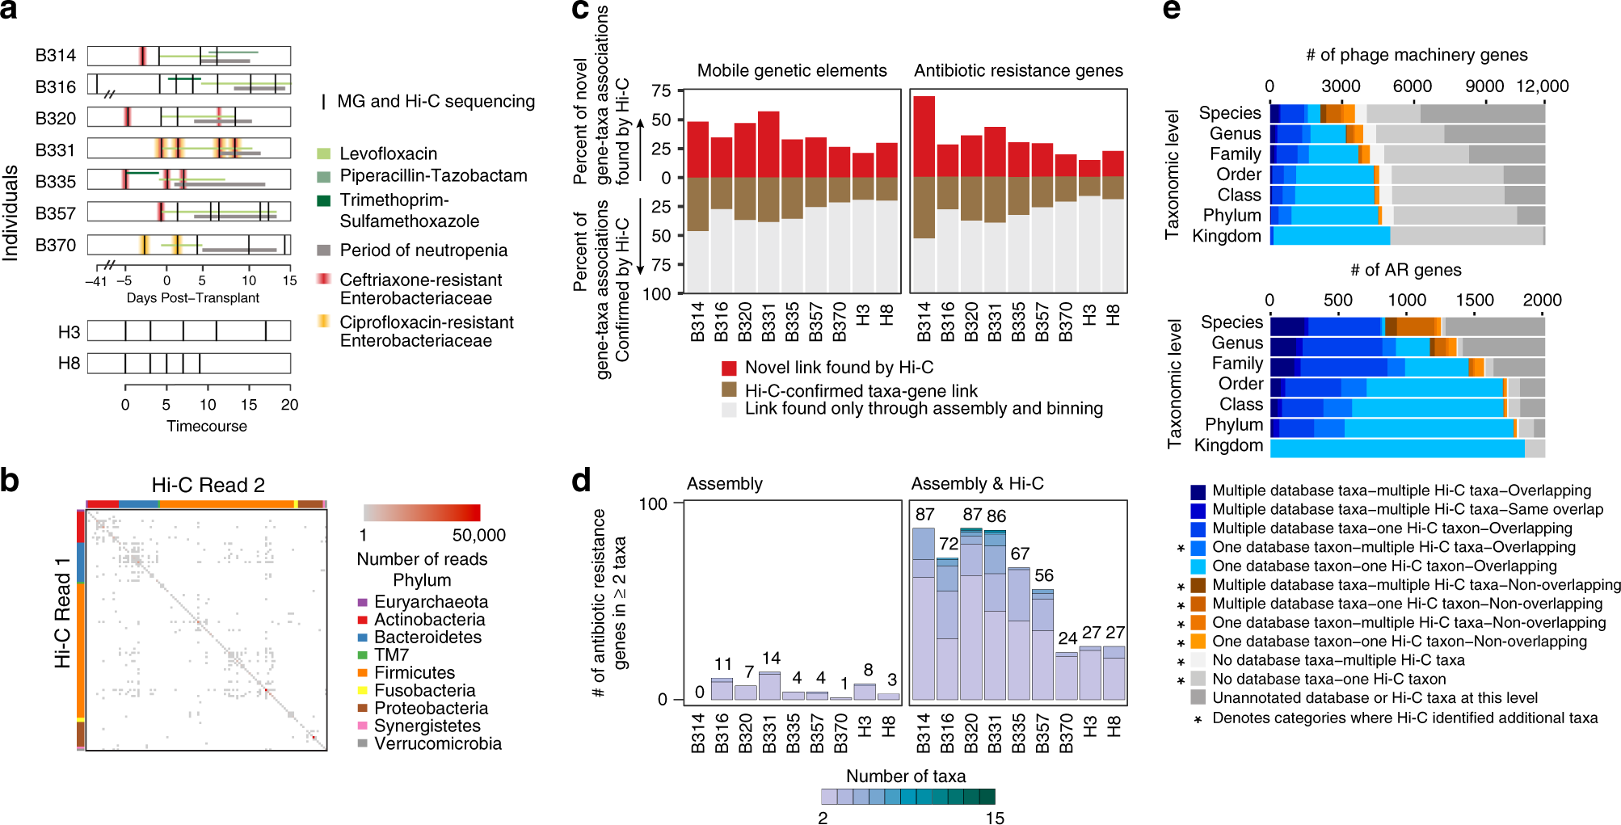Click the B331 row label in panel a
click(55, 150)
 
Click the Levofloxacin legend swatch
click(323, 154)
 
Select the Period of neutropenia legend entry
click(423, 250)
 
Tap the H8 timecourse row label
click(69, 364)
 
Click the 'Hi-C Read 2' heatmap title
click(208, 485)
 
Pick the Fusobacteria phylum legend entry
click(424, 690)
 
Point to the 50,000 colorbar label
click(478, 535)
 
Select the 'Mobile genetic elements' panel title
click(791, 70)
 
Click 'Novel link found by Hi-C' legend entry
click(838, 368)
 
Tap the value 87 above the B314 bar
click(924, 515)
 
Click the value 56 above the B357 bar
click(1043, 575)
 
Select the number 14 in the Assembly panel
click(771, 659)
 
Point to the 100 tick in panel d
click(653, 504)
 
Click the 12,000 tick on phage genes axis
click(1542, 86)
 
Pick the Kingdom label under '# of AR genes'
click(1227, 445)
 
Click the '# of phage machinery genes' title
click(1416, 55)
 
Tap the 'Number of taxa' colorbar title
click(905, 776)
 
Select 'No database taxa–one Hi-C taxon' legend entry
click(1328, 679)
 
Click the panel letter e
click(1171, 10)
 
